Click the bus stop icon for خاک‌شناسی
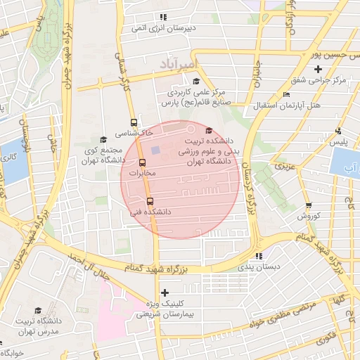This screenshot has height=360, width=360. (x=134, y=121)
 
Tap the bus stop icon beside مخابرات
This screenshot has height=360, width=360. (x=132, y=163)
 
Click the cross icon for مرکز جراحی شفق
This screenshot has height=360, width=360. (x=319, y=69)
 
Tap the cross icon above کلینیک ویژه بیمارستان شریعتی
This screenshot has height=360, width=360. (x=165, y=292)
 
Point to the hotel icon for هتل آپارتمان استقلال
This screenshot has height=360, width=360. (x=285, y=95)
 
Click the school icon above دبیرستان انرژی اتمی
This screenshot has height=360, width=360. (x=164, y=17)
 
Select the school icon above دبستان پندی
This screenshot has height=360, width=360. (x=259, y=257)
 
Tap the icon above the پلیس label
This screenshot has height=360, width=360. (x=339, y=131)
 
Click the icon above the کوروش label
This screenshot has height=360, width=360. (x=309, y=205)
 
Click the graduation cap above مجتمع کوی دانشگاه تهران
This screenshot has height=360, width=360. (x=103, y=139)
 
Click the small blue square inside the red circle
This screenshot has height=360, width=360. (x=155, y=150)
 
